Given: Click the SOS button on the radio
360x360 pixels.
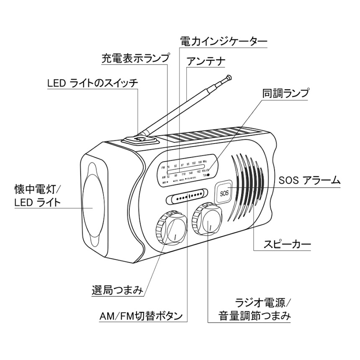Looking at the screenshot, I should point(224,193).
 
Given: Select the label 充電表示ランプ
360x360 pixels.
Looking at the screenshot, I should point(136,58).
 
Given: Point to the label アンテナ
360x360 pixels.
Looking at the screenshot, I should point(206,62).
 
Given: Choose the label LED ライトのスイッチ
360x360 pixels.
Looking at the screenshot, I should point(92,83).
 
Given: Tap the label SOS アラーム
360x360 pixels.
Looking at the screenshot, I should point(309,181).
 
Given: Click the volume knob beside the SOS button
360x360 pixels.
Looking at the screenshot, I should point(207,219).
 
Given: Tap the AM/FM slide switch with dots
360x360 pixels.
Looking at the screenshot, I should point(186,196).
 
